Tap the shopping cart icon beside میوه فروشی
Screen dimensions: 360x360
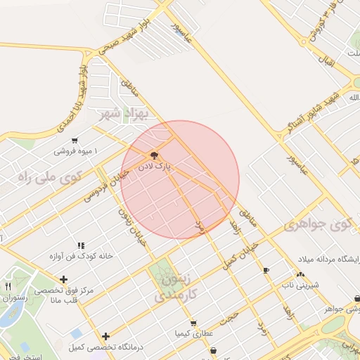(75, 140)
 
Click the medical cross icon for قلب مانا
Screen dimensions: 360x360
(64, 280)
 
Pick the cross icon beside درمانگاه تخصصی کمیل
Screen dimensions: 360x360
(105, 336)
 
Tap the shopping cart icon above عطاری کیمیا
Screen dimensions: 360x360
(193, 323)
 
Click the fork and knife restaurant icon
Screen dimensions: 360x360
(8, 286)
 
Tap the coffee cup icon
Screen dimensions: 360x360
(266, 270)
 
